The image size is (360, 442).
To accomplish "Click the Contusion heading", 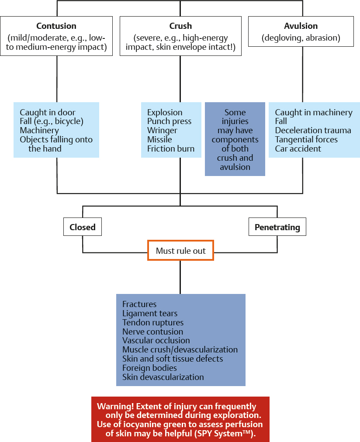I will [56, 26].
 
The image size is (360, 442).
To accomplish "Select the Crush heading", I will [180, 26].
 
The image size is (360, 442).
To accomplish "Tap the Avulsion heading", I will [301, 26].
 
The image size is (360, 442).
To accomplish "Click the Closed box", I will [83, 227].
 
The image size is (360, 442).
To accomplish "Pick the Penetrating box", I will [277, 227].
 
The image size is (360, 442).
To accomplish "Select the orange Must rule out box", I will [180, 251].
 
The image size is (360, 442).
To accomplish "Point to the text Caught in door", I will [47, 113].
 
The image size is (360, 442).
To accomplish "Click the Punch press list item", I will [169, 121].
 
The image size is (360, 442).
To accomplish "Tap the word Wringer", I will [162, 131].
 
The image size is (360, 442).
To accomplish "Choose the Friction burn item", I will [171, 148].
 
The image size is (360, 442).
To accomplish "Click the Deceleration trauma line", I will [313, 131].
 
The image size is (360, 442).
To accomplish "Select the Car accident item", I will [298, 148].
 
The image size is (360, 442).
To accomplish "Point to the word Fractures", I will [139, 304].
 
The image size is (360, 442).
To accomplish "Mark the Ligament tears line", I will [150, 313].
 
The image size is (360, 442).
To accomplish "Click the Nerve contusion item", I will [153, 331].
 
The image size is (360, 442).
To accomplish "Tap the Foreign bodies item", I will [149, 368].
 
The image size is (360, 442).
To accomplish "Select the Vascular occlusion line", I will [156, 341].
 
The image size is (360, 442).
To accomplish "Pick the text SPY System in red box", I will [231, 433].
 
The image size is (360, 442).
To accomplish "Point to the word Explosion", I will [165, 113].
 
